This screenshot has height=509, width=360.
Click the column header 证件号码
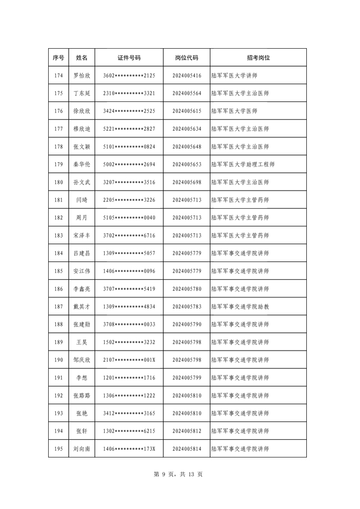click(x=129, y=58)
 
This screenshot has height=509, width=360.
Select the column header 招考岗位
click(x=258, y=58)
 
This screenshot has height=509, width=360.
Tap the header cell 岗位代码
click(x=187, y=58)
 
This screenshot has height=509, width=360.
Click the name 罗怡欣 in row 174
click(x=81, y=75)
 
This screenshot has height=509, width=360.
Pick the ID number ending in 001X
click(x=129, y=360)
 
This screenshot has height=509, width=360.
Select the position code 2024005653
click(x=187, y=164)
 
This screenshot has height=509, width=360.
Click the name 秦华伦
click(x=81, y=164)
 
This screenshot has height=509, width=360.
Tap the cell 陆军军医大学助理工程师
click(x=243, y=164)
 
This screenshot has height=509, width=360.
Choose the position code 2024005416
click(x=187, y=75)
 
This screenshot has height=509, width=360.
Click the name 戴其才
click(x=81, y=306)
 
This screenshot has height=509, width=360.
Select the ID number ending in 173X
click(x=129, y=449)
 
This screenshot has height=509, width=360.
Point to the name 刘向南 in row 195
click(x=81, y=449)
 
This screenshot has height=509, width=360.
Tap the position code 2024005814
click(x=187, y=449)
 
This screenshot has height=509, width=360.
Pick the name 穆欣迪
click(x=81, y=128)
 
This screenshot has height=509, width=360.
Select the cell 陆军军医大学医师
click(x=234, y=111)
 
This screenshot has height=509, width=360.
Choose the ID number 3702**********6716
click(x=129, y=235)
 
